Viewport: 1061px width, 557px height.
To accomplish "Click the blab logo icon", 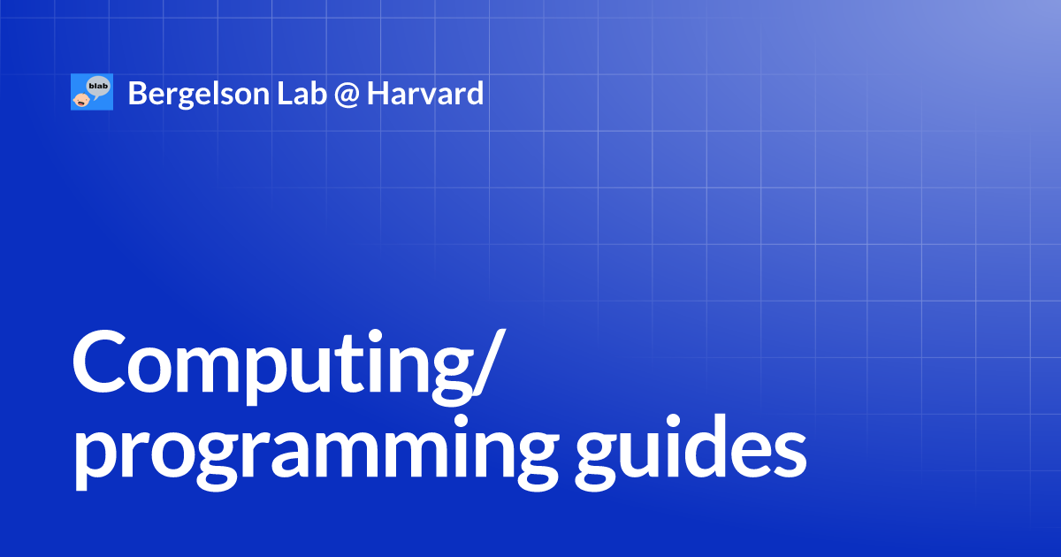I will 92,93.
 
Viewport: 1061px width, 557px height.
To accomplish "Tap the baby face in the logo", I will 80,99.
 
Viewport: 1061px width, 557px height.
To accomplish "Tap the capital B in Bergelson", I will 137,93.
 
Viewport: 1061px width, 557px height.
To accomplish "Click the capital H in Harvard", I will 378,93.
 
